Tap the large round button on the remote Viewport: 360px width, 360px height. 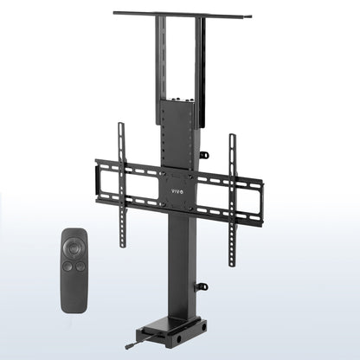tap(75, 246)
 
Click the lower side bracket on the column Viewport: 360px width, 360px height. tap(202, 286)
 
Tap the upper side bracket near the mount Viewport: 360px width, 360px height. tap(204, 156)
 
